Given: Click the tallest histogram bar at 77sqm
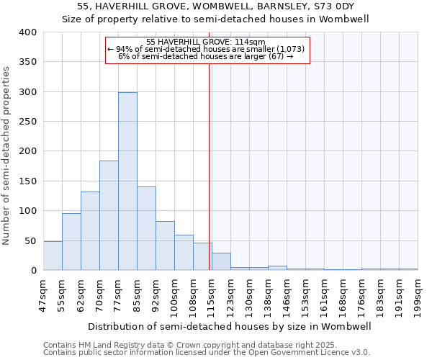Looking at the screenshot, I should click(x=127, y=181).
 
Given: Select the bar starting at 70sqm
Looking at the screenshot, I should click(x=109, y=215).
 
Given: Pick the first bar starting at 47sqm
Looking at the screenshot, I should click(x=53, y=256).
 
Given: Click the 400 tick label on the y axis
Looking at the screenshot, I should click(x=27, y=32).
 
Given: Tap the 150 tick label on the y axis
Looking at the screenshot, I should click(x=27, y=181).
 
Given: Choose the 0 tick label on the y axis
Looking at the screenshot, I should click(x=33, y=271).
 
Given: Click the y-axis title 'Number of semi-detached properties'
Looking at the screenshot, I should click(x=6, y=155).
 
